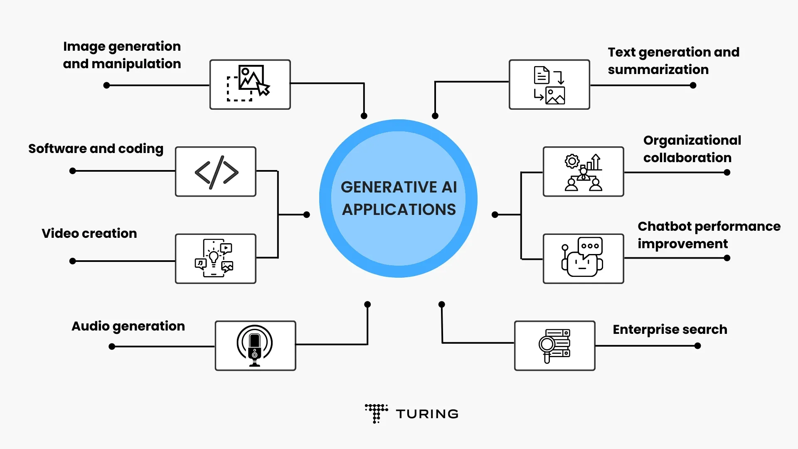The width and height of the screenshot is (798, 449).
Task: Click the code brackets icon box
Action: coord(216,171)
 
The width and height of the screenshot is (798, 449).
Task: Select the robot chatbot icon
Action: coord(583,258)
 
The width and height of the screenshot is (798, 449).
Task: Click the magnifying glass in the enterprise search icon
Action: coord(547,345)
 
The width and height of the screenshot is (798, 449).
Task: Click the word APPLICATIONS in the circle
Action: coord(399,210)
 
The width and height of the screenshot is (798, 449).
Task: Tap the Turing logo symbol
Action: coord(376,413)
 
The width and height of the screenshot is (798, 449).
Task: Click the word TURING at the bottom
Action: coord(427,414)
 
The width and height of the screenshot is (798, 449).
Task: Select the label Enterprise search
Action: coord(670,329)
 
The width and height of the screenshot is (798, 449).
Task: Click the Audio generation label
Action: coord(128,326)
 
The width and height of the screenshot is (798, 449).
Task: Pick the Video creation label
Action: coord(89,233)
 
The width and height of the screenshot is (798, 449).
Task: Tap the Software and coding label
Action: coord(96,148)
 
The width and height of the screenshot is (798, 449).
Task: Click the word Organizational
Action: coord(692,141)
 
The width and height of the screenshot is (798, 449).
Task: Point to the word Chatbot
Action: coord(664,226)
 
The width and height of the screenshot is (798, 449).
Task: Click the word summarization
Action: coord(658,69)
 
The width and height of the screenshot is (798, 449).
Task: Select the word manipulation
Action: coord(136,64)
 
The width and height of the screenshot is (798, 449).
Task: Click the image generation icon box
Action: coord(250,84)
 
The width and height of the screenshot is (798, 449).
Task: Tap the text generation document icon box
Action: coord(549,84)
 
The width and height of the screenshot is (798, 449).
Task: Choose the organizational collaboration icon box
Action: coord(583,171)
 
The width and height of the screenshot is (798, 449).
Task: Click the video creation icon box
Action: coord(216,258)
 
